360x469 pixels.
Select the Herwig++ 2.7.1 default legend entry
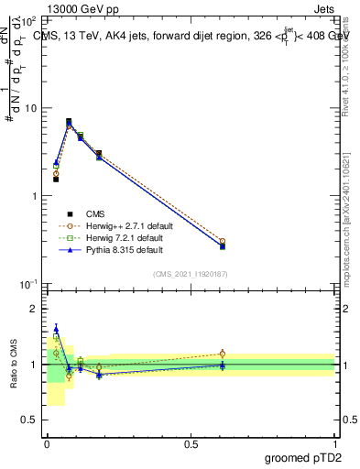[x=126, y=224]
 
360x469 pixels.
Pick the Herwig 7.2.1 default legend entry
[x=125, y=236]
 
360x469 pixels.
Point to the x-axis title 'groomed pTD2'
[x=303, y=456]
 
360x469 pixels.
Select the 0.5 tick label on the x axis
[x=191, y=442]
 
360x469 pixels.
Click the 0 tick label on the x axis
[x=47, y=442]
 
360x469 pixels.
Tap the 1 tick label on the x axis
[x=335, y=442]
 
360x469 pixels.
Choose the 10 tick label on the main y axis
[x=31, y=108]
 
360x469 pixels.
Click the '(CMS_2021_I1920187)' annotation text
[x=191, y=273]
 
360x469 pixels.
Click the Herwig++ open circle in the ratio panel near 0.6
[x=222, y=354]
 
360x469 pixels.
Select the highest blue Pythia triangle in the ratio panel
[x=56, y=329]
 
